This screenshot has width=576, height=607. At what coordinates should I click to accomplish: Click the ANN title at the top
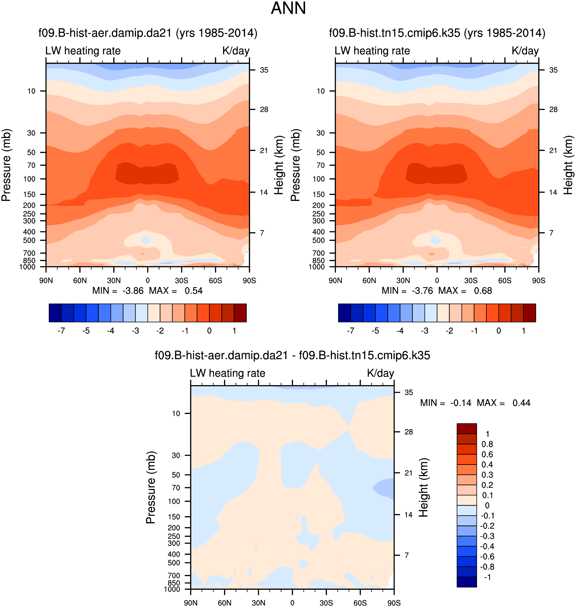(288, 8)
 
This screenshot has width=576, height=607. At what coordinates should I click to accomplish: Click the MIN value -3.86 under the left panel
(133, 291)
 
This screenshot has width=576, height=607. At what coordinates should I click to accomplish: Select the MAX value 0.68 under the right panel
(483, 291)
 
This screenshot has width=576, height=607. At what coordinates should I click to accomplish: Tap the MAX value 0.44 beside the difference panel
(521, 403)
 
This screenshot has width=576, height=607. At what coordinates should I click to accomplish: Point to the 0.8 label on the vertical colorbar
(487, 444)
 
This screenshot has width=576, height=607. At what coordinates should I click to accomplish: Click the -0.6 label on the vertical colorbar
(487, 556)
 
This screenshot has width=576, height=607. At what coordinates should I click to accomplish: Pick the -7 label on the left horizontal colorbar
(61, 331)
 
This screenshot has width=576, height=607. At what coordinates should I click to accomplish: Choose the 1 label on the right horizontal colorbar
(523, 331)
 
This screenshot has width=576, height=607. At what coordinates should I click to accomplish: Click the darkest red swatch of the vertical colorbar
(466, 429)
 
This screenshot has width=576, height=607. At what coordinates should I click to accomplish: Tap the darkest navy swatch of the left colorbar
(55, 313)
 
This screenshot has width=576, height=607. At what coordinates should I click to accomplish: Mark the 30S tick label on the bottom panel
(326, 603)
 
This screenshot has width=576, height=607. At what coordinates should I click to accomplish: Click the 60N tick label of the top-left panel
(80, 280)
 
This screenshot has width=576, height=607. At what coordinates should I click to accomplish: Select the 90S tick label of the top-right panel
(539, 280)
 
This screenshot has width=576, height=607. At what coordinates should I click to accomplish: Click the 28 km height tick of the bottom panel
(408, 432)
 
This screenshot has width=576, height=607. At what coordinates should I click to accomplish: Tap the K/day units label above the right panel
(525, 51)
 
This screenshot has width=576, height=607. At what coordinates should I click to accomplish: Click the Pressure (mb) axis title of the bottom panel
(151, 488)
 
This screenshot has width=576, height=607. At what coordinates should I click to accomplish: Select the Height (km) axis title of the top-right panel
(568, 165)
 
